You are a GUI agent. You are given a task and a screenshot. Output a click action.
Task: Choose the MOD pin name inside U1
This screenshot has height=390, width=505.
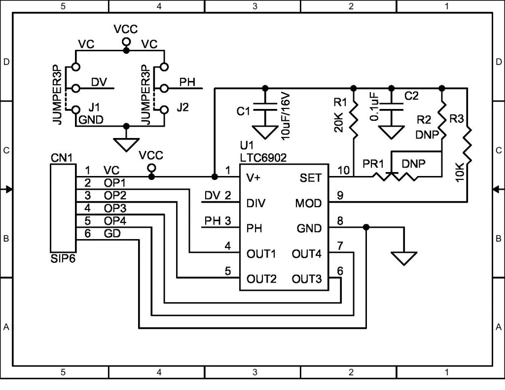(309, 203)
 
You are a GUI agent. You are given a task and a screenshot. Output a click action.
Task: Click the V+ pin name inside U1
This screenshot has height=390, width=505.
(253, 177)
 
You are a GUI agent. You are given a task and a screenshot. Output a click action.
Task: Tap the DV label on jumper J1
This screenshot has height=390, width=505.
(99, 82)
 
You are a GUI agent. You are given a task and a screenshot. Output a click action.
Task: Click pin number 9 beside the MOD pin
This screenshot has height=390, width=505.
(340, 195)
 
